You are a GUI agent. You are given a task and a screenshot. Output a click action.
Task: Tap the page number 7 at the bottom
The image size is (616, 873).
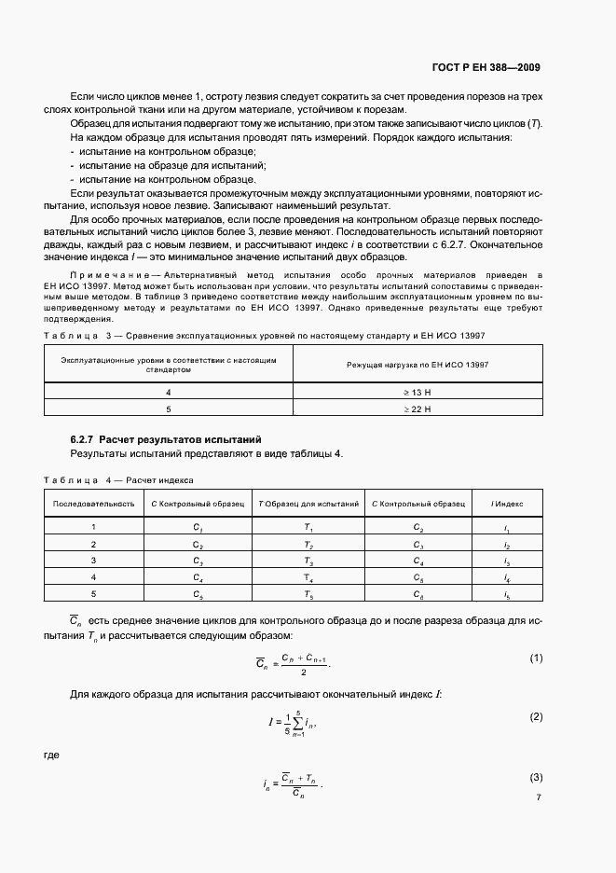[539, 797]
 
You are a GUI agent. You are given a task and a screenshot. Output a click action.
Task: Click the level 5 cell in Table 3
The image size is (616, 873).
[168, 409]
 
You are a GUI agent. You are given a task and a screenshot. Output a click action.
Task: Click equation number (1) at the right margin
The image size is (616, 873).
[536, 658]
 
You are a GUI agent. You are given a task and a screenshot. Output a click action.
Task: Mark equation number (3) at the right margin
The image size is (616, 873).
[536, 777]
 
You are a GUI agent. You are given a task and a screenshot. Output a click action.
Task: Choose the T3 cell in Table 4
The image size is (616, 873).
[308, 561]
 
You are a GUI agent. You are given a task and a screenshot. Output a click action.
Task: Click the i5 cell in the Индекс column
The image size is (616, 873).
[507, 594]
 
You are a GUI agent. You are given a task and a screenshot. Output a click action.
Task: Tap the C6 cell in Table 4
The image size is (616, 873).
[418, 594]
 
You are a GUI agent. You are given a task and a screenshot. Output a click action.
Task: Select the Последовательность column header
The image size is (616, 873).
[93, 503]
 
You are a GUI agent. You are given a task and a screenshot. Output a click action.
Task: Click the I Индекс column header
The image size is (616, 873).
[507, 503]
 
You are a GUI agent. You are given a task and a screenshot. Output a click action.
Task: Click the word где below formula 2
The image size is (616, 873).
[51, 756]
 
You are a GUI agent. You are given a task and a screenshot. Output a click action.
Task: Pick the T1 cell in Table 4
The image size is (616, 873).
[308, 527]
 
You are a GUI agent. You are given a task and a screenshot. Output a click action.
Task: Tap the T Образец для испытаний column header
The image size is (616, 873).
[308, 503]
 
